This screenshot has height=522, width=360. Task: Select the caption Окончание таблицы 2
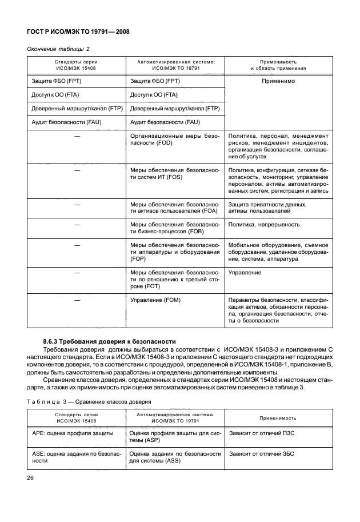58,49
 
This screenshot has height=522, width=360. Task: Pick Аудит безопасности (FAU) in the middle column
165,122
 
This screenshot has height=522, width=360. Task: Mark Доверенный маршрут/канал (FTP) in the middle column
175,109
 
